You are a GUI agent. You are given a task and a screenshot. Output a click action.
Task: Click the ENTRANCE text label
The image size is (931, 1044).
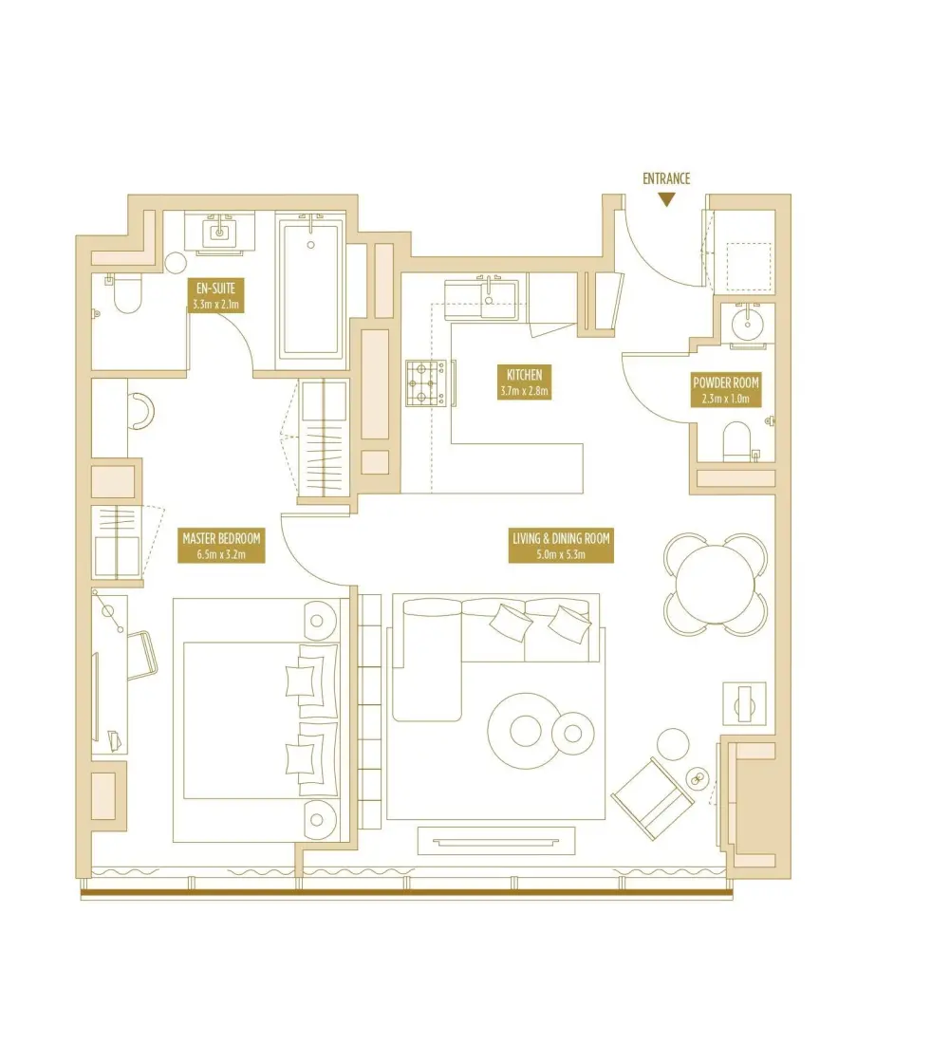click(666, 178)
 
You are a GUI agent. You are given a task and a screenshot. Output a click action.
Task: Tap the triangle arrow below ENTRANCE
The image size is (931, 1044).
click(667, 199)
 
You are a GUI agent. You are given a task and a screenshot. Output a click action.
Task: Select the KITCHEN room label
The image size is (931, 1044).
click(524, 382)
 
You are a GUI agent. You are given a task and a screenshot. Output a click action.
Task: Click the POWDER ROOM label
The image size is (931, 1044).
click(726, 390)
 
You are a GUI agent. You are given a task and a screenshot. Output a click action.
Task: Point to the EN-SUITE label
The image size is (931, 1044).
click(217, 295)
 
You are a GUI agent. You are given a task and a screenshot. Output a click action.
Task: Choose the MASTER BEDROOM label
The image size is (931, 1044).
click(221, 546)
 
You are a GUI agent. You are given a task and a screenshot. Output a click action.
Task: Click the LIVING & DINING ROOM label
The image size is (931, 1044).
click(560, 547)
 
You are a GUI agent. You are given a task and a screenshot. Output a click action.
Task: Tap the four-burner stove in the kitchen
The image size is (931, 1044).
click(426, 383)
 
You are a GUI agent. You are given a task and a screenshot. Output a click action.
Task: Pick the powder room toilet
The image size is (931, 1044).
click(738, 442)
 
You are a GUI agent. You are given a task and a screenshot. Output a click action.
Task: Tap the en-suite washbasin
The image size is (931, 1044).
click(219, 231)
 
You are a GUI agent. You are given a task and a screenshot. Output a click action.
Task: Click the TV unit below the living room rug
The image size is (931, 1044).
click(496, 840)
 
